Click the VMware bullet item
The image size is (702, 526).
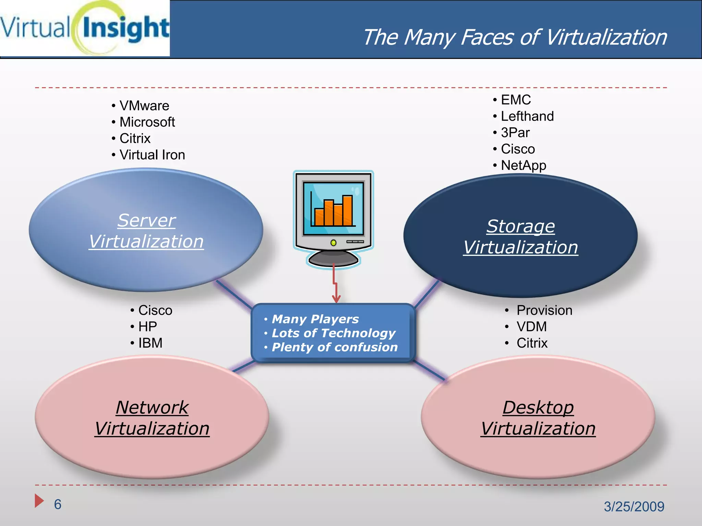point(144,106)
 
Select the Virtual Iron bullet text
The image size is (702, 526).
point(152,155)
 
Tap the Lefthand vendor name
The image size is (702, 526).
point(527,116)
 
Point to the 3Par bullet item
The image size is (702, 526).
point(515,133)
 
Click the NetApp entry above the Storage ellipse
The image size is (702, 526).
point(523,166)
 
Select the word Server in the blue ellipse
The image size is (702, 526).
point(146,221)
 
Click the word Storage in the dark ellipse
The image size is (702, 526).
point(520,226)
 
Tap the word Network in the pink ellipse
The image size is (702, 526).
point(152,408)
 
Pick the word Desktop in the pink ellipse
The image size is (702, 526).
point(538,408)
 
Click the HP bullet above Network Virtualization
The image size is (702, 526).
point(147,327)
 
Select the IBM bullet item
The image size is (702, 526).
point(150,343)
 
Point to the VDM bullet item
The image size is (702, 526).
point(531,327)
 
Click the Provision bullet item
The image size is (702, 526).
point(544,310)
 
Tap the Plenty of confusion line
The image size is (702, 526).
point(335,347)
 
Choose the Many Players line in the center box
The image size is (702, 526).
point(315,319)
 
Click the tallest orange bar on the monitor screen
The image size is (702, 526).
point(347,210)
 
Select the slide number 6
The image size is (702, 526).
point(58,504)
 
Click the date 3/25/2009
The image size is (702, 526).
point(634,506)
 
